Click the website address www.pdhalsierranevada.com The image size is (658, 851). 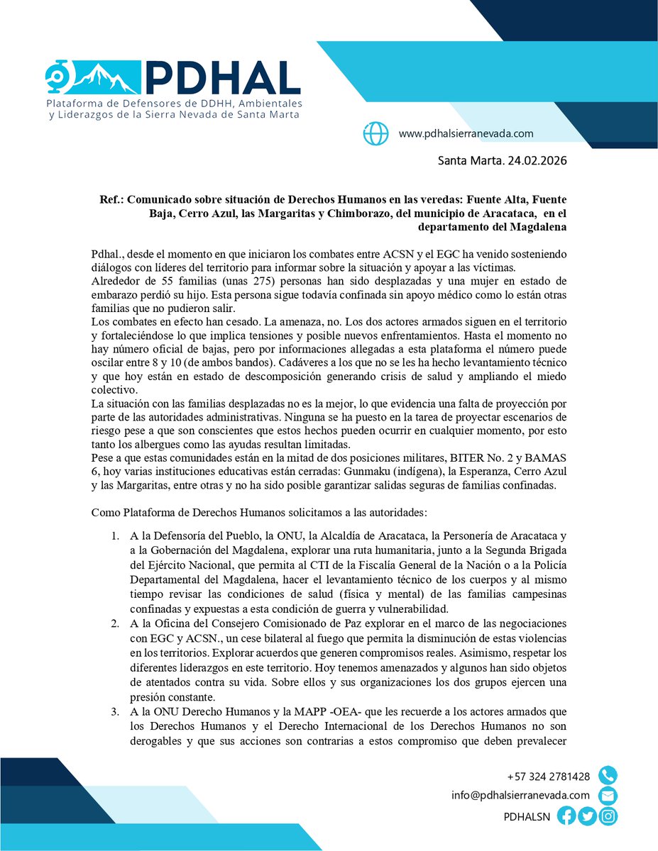coord(466,133)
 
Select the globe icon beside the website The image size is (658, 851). coord(375,133)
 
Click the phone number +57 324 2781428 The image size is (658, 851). coord(549,776)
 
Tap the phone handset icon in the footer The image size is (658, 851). coord(608,775)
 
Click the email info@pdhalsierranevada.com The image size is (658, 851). coord(520,796)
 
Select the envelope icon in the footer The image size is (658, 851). coord(608,796)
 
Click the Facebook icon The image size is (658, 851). coord(566,816)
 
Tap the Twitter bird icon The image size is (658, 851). coord(587,816)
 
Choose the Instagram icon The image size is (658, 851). coord(608,816)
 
